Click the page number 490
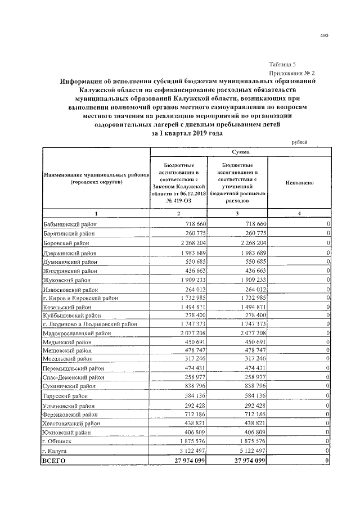(x=324, y=35)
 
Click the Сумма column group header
(x=240, y=152)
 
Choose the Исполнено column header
(x=299, y=183)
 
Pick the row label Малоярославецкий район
(x=75, y=333)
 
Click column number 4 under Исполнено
(x=299, y=214)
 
